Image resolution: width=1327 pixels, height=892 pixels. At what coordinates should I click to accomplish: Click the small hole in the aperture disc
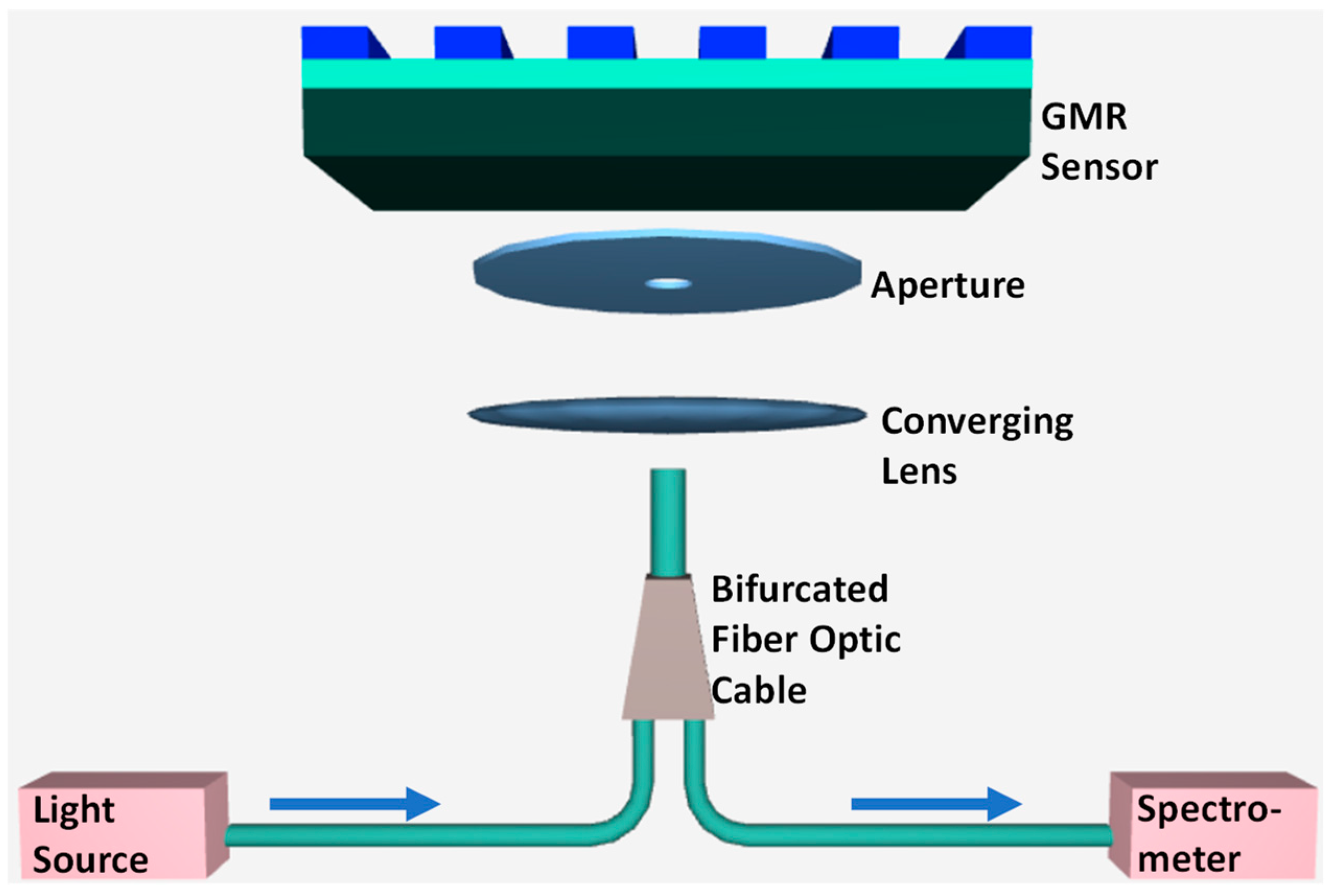pos(668,283)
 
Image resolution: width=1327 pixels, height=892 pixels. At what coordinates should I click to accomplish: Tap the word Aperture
pos(948,286)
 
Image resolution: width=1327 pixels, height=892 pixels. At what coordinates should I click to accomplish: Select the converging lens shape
pos(666,415)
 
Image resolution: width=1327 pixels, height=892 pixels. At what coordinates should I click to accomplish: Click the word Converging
pos(977,423)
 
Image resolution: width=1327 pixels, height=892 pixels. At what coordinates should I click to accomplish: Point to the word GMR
pos(1084,117)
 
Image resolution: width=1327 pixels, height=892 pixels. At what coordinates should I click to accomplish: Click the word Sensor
pos(1098,167)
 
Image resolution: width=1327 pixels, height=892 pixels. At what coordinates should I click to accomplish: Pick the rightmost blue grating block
pos(995,43)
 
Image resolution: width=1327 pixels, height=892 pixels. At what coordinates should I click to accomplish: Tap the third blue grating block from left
pos(601,43)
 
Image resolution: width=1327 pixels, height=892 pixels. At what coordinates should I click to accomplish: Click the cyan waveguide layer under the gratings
pos(666,73)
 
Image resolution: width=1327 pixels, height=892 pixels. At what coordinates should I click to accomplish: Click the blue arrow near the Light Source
pos(355,804)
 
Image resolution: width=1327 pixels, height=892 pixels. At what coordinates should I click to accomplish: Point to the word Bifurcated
pos(800,589)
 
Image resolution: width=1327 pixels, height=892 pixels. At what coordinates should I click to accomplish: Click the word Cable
pos(758,691)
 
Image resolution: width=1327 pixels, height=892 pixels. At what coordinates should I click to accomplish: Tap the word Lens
pos(919,472)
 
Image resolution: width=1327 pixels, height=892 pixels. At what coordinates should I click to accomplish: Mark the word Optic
pos(854,641)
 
